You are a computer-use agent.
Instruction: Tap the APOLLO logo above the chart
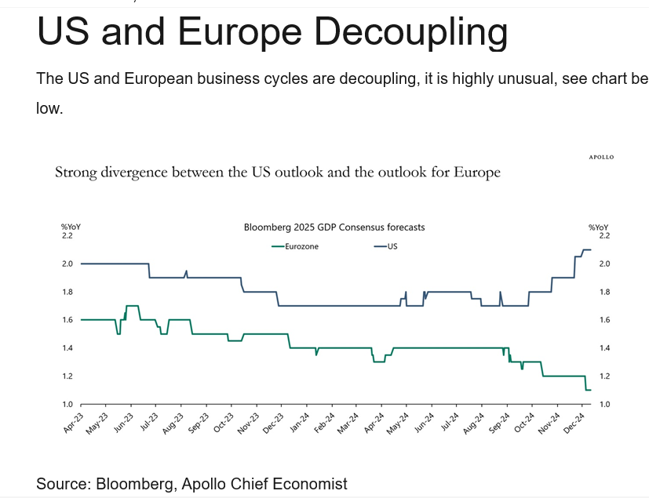(601, 157)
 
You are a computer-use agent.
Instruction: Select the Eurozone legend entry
(294, 246)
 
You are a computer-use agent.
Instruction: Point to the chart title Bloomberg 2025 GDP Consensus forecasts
(334, 227)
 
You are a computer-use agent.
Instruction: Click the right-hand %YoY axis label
(598, 227)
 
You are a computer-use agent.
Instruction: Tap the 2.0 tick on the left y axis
(67, 264)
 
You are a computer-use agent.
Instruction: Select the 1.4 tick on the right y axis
(604, 348)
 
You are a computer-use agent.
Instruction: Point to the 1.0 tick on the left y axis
(67, 404)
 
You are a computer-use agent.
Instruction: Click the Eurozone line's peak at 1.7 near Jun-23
(132, 305)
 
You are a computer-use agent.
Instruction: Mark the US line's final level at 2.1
(586, 250)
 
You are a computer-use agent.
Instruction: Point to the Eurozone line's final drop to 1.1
(587, 390)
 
